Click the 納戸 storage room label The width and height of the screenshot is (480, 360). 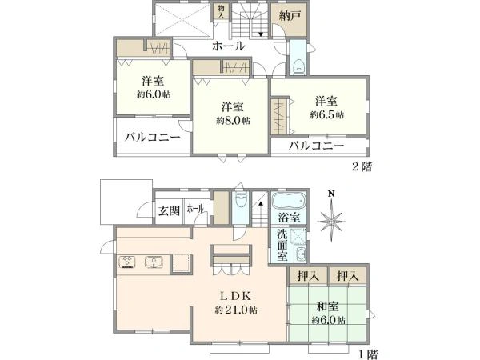click(290, 16)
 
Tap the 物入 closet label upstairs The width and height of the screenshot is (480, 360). click(221, 12)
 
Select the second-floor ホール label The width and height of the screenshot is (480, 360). click(228, 46)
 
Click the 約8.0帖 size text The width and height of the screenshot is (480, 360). click(233, 121)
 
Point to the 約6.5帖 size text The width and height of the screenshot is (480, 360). click(327, 114)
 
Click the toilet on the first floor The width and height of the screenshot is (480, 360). click(240, 201)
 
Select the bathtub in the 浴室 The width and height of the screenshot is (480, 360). click(289, 201)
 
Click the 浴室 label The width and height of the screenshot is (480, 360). click(289, 218)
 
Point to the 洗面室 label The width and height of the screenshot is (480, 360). click(282, 246)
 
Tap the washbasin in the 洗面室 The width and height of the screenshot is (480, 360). click(300, 254)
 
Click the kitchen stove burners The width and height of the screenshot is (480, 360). click(127, 262)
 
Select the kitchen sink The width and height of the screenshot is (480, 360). click(154, 262)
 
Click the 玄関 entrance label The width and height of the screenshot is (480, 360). click(169, 210)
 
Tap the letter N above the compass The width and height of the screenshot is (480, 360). click(331, 194)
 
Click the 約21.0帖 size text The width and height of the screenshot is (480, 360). click(236, 310)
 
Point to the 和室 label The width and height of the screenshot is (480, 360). click(327, 306)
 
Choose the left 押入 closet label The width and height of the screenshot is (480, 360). click(308, 277)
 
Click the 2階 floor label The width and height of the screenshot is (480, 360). click(362, 167)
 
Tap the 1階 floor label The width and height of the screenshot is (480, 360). click(368, 354)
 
